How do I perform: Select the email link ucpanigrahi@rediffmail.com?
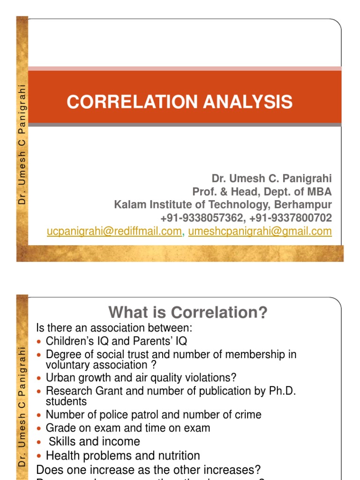point(114,231)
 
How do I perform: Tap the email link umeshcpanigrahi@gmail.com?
point(260,231)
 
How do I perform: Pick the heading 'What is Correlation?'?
point(187,312)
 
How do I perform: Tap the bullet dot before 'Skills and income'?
point(39,442)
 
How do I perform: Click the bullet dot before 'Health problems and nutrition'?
point(39,456)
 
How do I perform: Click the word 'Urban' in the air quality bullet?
point(60,378)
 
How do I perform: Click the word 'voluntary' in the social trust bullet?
point(66,365)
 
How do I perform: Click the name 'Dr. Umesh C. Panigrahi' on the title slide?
point(272,179)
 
